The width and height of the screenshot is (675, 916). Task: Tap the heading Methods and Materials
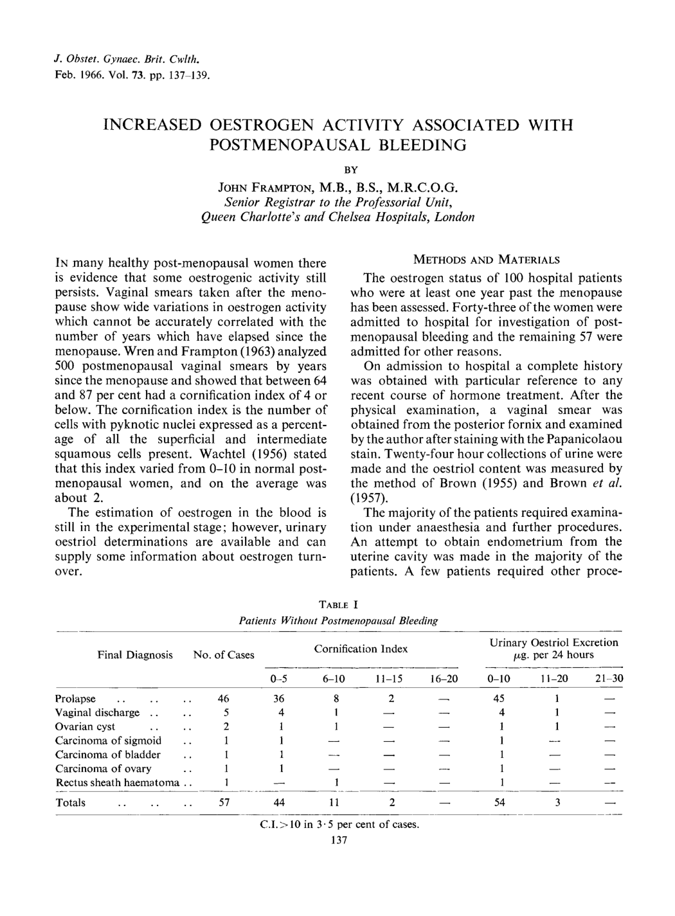coord(486,260)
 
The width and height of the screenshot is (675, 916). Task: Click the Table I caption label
coord(338,605)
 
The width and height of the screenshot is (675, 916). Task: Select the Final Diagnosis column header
coord(135,655)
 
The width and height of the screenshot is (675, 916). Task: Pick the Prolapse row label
coord(75,699)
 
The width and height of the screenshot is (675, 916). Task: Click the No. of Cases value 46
coord(224,699)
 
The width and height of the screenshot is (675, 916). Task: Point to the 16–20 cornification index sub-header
coord(442,679)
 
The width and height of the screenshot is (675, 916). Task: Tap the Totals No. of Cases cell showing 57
coord(224,802)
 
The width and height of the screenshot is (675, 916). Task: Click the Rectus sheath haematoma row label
coord(117,782)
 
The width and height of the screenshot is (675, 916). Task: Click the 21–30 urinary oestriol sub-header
coord(609,679)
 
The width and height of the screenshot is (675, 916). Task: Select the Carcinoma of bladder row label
coord(108,755)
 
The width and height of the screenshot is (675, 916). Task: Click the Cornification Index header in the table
coord(361,649)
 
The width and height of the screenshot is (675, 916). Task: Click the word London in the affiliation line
coord(455,217)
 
